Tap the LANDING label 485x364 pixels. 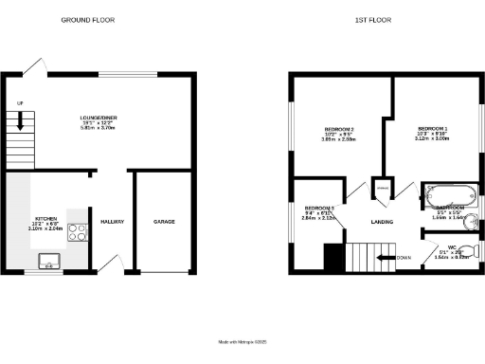pos(383,224)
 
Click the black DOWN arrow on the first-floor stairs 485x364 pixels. pos(389,256)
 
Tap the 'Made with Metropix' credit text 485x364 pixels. pos(242,341)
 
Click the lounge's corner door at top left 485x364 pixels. pos(33,64)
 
